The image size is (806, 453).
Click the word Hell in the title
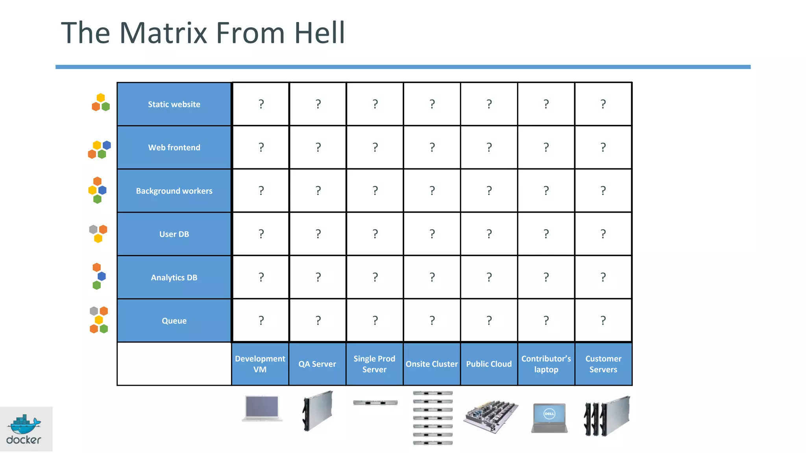pyautogui.click(x=320, y=33)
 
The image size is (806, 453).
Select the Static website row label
pyautogui.click(x=174, y=104)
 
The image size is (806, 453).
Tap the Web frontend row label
pyautogui.click(x=174, y=147)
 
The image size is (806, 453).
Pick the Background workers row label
pyautogui.click(x=174, y=191)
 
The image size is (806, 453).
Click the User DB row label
pyautogui.click(x=174, y=234)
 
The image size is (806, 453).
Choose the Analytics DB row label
pyautogui.click(x=174, y=277)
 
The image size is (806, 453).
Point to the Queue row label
pyautogui.click(x=174, y=320)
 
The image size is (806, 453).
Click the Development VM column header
pyautogui.click(x=260, y=364)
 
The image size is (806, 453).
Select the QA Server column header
pyautogui.click(x=317, y=364)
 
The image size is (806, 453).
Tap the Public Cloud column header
pyautogui.click(x=489, y=364)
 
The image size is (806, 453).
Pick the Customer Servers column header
pyautogui.click(x=603, y=364)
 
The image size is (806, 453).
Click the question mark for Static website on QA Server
pyautogui.click(x=318, y=104)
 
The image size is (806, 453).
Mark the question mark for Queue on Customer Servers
pyautogui.click(x=603, y=320)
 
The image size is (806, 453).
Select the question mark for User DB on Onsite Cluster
pyautogui.click(x=432, y=234)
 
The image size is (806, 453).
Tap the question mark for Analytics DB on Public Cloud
pyautogui.click(x=489, y=277)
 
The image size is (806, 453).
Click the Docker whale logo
pyautogui.click(x=25, y=425)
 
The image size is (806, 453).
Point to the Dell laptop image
pyautogui.click(x=549, y=418)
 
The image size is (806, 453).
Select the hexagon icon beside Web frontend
pyautogui.click(x=99, y=149)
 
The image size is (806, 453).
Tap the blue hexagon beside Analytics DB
pyautogui.click(x=102, y=276)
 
